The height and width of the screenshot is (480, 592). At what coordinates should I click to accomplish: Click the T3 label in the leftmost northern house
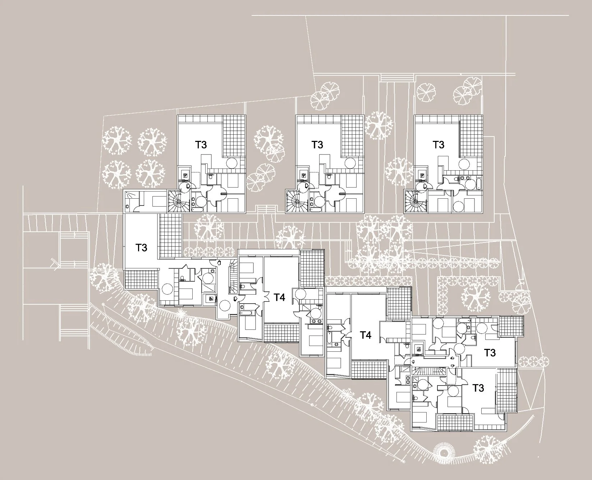click(x=201, y=145)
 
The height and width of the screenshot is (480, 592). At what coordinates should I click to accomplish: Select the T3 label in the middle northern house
click(x=317, y=145)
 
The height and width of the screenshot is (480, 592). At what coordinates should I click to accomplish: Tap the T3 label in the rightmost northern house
click(x=438, y=145)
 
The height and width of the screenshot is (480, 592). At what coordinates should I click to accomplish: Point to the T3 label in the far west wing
click(x=141, y=248)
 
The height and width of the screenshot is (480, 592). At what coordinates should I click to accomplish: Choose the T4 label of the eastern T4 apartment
click(x=366, y=335)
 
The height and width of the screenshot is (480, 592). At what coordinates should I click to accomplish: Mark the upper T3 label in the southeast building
click(x=490, y=352)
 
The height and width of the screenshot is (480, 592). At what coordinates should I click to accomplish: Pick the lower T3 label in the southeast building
click(x=478, y=388)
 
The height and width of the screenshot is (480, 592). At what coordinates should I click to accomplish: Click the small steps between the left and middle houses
click(x=266, y=209)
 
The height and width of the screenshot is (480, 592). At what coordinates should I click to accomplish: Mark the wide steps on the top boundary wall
click(x=397, y=78)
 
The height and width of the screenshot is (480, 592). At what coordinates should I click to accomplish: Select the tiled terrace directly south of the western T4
click(x=281, y=332)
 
